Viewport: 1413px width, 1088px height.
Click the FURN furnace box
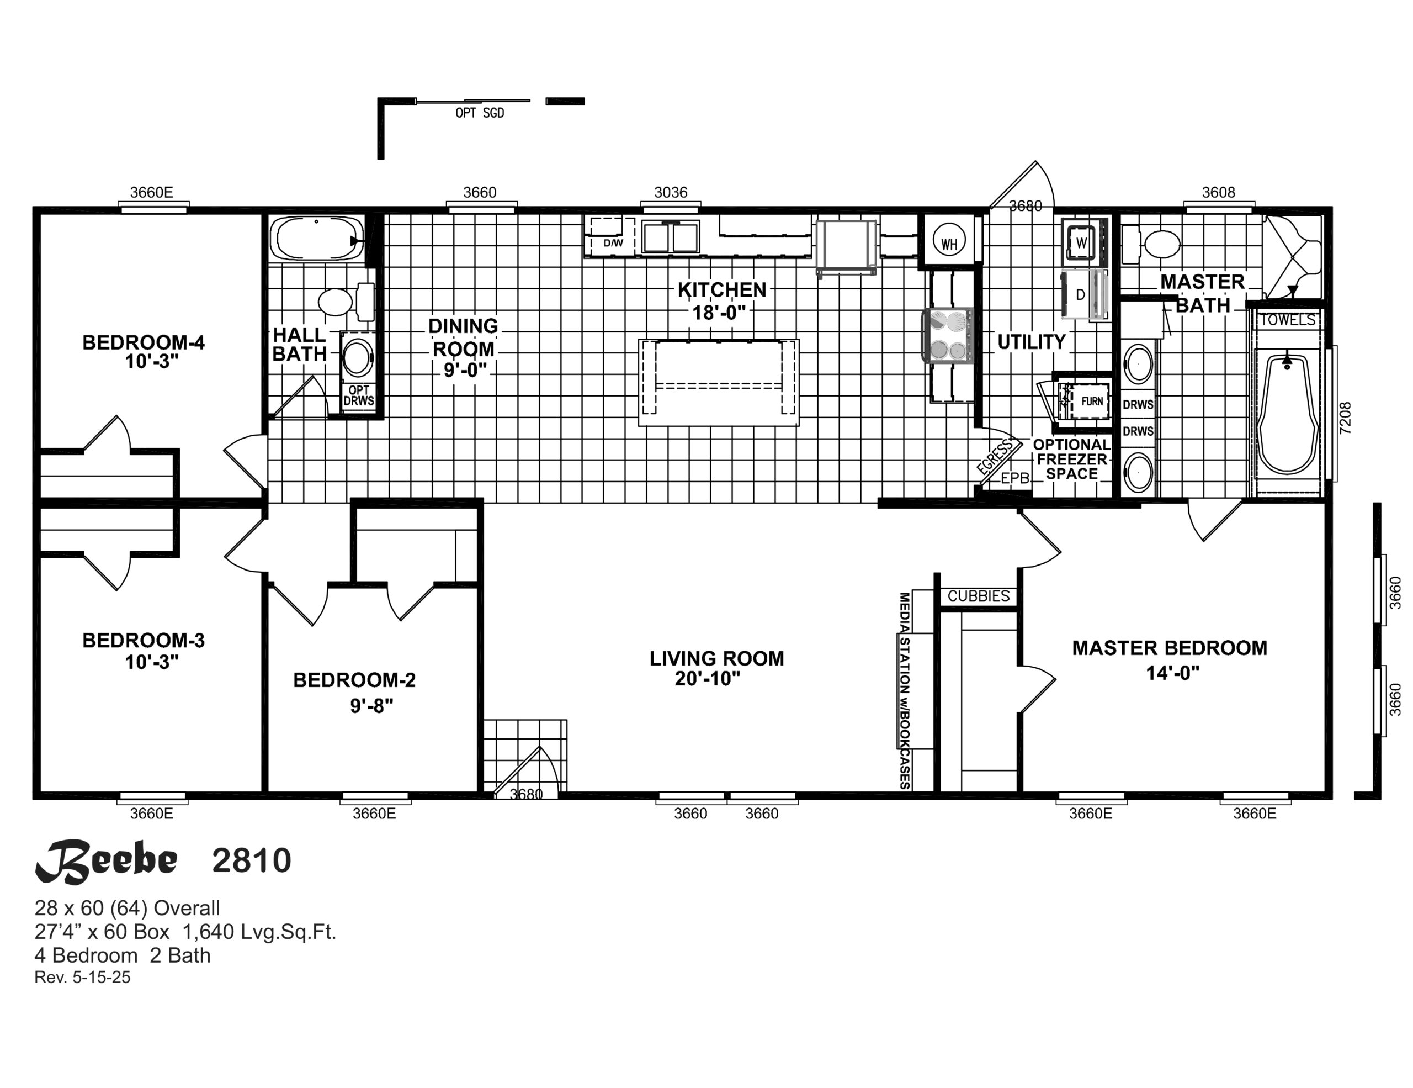[1091, 402]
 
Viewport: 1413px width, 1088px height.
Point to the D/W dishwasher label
[613, 244]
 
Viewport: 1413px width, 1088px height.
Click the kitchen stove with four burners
[948, 335]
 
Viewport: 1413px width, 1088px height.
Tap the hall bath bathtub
[316, 239]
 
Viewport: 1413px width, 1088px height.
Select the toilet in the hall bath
[346, 302]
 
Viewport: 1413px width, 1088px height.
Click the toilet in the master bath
[1152, 245]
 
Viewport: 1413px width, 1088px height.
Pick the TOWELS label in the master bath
[1288, 320]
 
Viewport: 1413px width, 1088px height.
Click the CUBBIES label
[978, 596]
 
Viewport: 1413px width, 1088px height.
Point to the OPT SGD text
[480, 113]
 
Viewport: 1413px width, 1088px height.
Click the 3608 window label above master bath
[1218, 193]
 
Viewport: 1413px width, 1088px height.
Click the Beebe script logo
[106, 862]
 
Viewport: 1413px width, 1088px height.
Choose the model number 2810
[252, 861]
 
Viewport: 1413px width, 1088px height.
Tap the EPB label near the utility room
[1015, 479]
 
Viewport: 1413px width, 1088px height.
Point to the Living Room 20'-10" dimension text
[707, 678]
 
